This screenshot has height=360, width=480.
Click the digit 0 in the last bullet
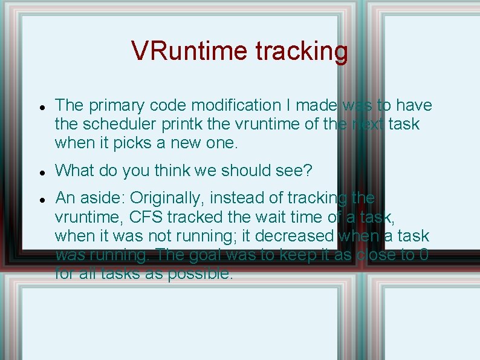click(x=424, y=255)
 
